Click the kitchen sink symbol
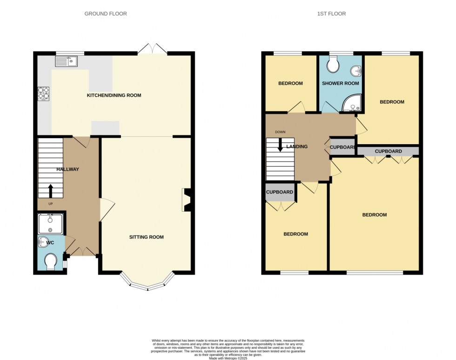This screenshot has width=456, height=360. (x=66, y=61)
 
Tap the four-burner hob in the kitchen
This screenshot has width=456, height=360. (x=44, y=94)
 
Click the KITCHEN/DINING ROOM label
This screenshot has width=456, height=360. (x=114, y=95)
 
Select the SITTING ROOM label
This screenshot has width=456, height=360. (x=147, y=237)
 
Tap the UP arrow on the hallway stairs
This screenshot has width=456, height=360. (x=50, y=191)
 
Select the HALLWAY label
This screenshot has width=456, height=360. (x=68, y=169)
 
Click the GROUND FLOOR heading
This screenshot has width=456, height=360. (x=106, y=14)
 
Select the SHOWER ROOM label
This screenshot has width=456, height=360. (x=341, y=84)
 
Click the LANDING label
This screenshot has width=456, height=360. (x=297, y=147)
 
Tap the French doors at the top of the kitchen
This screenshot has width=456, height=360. (x=152, y=49)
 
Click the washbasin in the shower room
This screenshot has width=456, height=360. (x=356, y=71)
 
